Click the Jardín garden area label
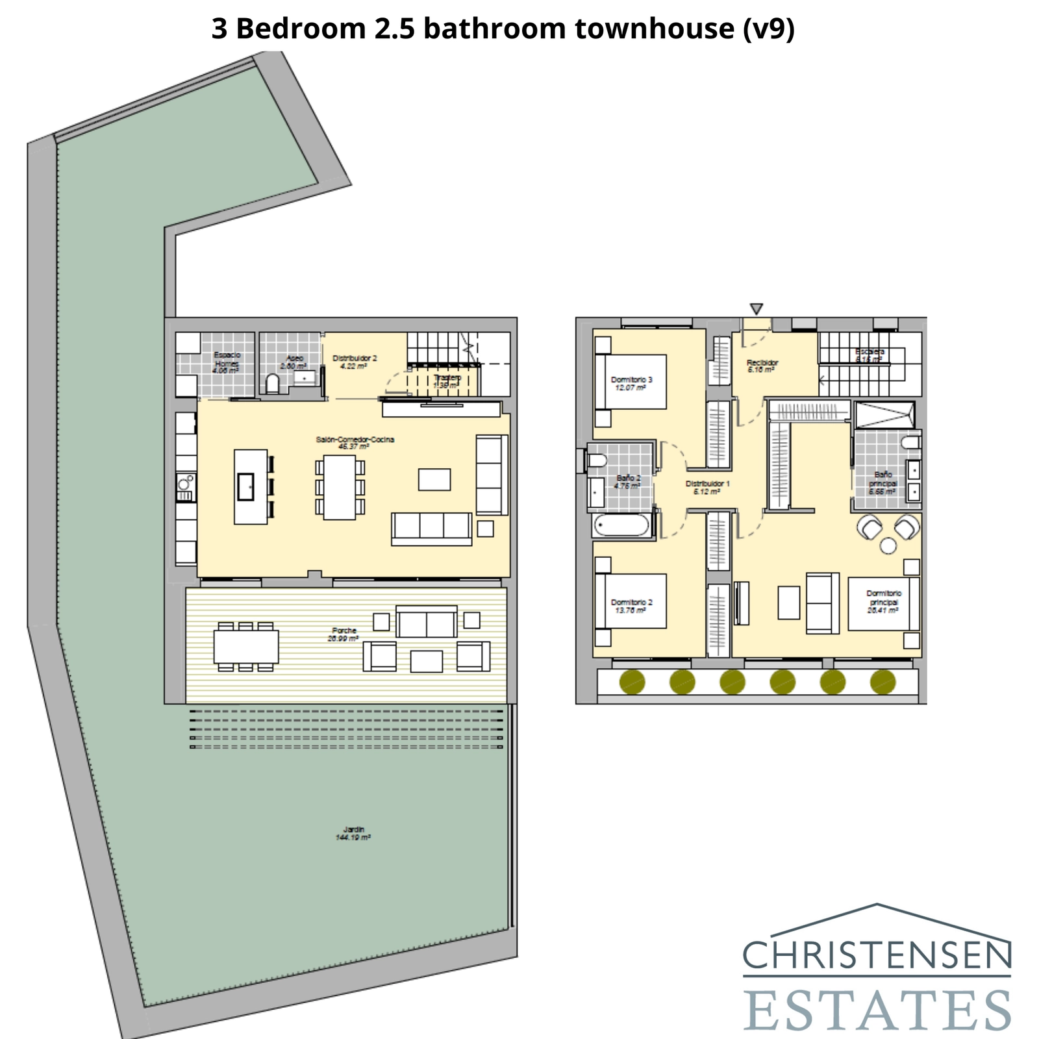pyautogui.click(x=353, y=833)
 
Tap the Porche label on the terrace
pyautogui.click(x=344, y=634)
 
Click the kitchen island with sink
pyautogui.click(x=250, y=486)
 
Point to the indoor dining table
pyautogui.click(x=340, y=487)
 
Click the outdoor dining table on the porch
pyautogui.click(x=245, y=646)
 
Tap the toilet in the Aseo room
pyautogui.click(x=273, y=384)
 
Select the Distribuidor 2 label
pyautogui.click(x=355, y=362)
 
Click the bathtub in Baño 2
pyautogui.click(x=621, y=525)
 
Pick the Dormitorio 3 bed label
pyautogui.click(x=631, y=383)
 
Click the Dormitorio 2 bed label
pyautogui.click(x=631, y=606)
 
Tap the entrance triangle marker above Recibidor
pyautogui.click(x=756, y=308)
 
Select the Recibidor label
pyautogui.click(x=762, y=366)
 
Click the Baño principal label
pyautogui.click(x=883, y=482)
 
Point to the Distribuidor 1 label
pyautogui.click(x=707, y=487)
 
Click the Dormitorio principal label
pyautogui.click(x=883, y=601)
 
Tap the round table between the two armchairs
pyautogui.click(x=888, y=545)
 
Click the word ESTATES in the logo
pyautogui.click(x=877, y=1010)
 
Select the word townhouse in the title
pyautogui.click(x=655, y=29)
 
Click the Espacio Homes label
pyautogui.click(x=227, y=362)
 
